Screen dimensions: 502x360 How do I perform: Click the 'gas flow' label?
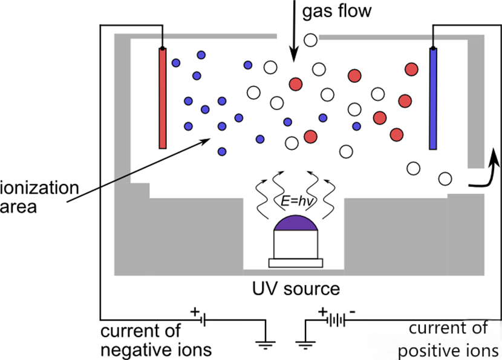click(337, 12)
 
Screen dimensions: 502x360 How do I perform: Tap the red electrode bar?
click(163, 99)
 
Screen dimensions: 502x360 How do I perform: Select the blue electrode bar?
click(433, 99)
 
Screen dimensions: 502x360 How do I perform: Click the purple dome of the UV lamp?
click(296, 223)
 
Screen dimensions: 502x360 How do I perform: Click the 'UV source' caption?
click(296, 289)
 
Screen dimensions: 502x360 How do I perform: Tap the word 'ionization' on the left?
click(39, 188)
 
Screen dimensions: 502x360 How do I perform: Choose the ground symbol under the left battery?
click(266, 345)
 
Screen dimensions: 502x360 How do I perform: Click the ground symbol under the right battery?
click(305, 345)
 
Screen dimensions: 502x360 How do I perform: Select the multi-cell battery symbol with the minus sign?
click(335, 319)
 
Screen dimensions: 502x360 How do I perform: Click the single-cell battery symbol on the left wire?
click(203, 319)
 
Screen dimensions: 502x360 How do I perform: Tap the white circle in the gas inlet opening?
click(310, 40)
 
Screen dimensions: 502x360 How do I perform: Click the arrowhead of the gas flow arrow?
click(294, 54)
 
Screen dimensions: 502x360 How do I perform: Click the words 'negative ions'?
click(156, 350)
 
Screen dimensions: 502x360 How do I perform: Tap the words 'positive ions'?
click(448, 351)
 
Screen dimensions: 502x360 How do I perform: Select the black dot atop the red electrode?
click(162, 48)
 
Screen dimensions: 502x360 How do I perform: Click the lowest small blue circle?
click(222, 151)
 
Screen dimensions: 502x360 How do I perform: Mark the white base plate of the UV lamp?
click(296, 263)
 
